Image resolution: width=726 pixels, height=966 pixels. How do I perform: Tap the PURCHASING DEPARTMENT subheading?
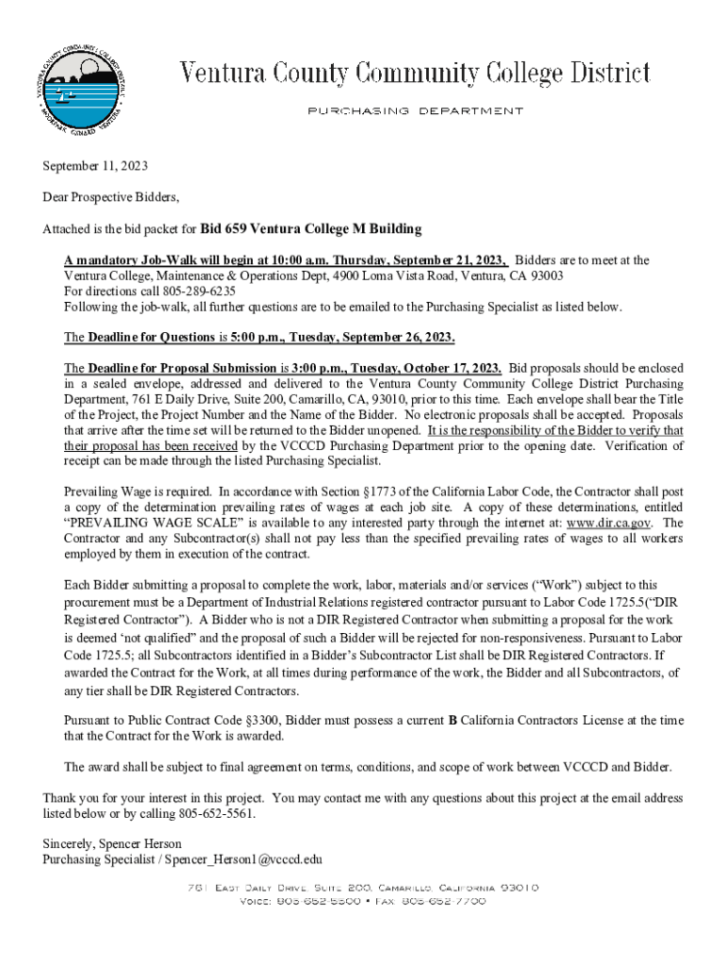[415, 111]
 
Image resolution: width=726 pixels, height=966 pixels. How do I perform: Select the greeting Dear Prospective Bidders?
[110, 197]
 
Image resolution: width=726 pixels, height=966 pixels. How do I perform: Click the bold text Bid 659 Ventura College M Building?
[310, 229]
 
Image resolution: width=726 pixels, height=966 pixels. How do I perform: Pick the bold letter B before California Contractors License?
[453, 720]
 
